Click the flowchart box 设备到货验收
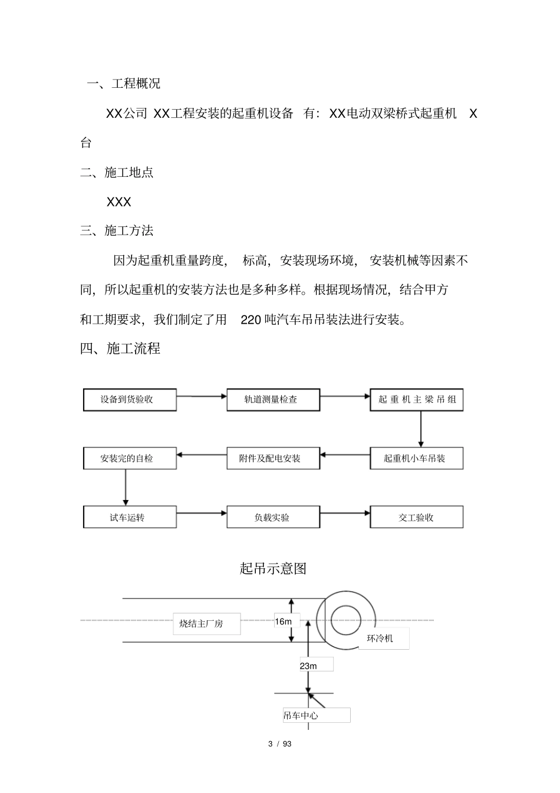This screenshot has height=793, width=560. click(x=130, y=400)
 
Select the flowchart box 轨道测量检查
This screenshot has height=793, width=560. click(x=274, y=400)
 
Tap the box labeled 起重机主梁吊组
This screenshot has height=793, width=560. click(x=417, y=400)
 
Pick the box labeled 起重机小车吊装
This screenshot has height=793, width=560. click(x=417, y=458)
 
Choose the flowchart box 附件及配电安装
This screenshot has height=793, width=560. click(x=274, y=458)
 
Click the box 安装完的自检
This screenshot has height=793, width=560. click(x=130, y=458)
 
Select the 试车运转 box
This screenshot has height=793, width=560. click(x=130, y=517)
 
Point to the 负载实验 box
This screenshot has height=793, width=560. click(x=274, y=517)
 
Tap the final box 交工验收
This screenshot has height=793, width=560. click(x=417, y=517)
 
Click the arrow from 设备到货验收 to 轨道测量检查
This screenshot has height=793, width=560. click(x=202, y=396)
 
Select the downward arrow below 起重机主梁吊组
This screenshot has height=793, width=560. click(x=421, y=429)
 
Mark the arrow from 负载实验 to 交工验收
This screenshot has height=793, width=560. click(x=345, y=513)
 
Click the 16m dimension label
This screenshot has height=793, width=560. click(x=284, y=621)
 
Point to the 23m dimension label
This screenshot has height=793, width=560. click(x=309, y=666)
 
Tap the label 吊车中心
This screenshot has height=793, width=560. click(x=301, y=716)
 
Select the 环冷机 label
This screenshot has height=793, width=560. click(x=380, y=639)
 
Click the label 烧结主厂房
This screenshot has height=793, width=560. click(x=202, y=623)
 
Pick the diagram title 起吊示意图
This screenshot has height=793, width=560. click(x=274, y=568)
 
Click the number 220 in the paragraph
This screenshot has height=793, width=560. click(x=251, y=320)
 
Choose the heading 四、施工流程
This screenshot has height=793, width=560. click(x=120, y=349)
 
